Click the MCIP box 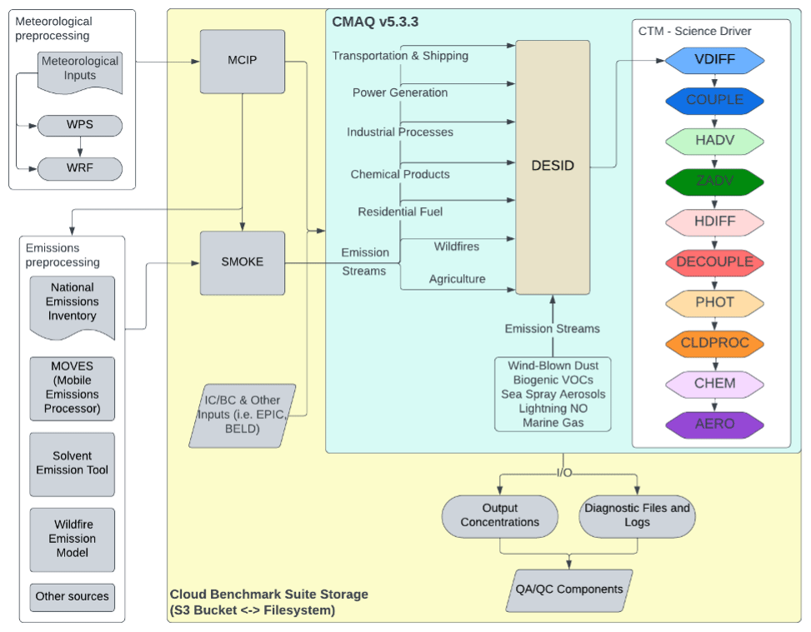(x=242, y=62)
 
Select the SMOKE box (x=242, y=262)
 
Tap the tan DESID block (x=553, y=166)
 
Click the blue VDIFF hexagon (x=714, y=60)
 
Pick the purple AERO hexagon (x=714, y=424)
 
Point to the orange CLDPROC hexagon (x=714, y=343)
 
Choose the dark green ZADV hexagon (x=714, y=181)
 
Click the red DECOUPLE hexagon (x=714, y=261)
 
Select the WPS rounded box (x=80, y=126)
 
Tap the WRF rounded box (x=80, y=169)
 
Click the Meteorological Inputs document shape (x=80, y=70)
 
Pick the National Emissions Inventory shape (x=73, y=304)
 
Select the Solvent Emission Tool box (x=73, y=464)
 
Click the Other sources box (x=73, y=597)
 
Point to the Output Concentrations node (x=500, y=515)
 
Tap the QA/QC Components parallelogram (x=568, y=590)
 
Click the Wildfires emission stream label (x=456, y=246)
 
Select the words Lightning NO (x=553, y=408)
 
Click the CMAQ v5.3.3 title (x=375, y=22)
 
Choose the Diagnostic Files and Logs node (x=637, y=515)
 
